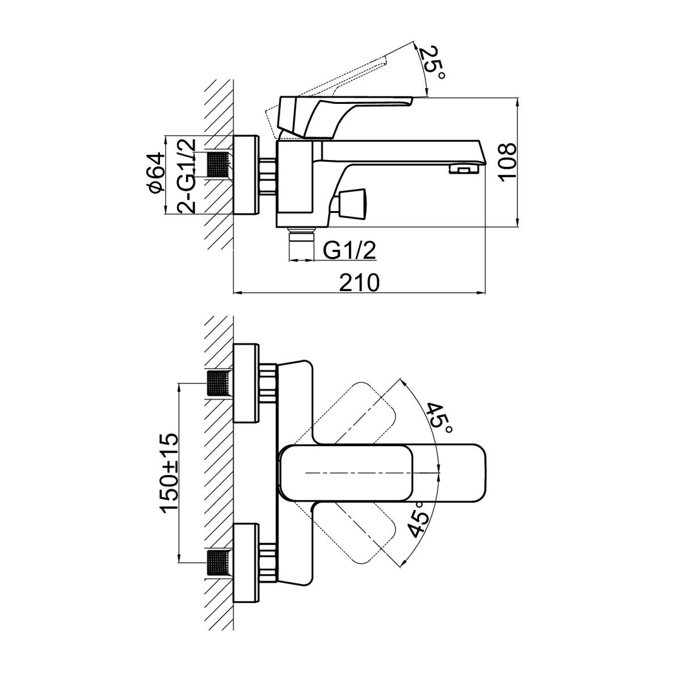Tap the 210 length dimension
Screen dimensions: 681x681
click(x=359, y=282)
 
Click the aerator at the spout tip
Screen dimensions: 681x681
click(x=463, y=168)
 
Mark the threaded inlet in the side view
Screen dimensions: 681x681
click(x=219, y=165)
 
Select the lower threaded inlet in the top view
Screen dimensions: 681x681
click(x=219, y=562)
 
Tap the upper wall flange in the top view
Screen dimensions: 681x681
click(x=245, y=383)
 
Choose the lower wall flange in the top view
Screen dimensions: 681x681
click(x=245, y=562)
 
